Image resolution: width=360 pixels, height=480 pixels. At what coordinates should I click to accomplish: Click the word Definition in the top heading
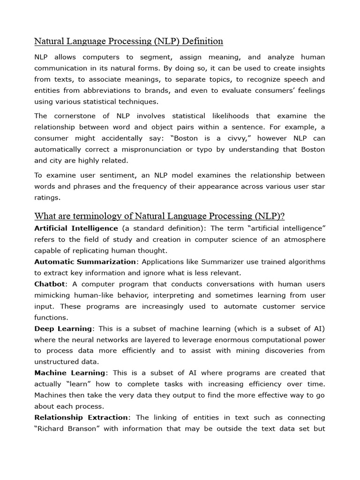pyautogui.click(x=202, y=41)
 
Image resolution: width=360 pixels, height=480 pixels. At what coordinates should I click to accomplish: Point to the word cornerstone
pyautogui.click(x=76, y=116)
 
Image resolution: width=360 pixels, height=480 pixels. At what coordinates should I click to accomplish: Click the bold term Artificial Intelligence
pyautogui.click(x=76, y=228)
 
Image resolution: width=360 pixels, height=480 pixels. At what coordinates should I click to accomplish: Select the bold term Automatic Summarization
pyautogui.click(x=85, y=262)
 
